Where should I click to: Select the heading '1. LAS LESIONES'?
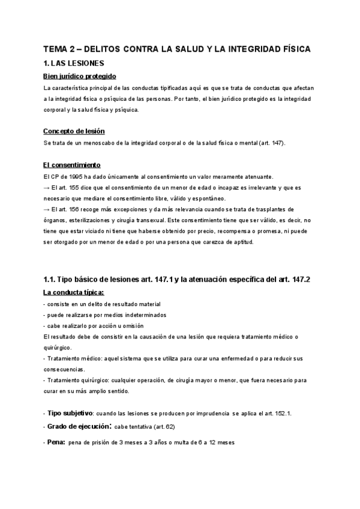[74, 62]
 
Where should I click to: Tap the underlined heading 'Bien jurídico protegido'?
[80, 76]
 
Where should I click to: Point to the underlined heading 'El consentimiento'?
[72, 165]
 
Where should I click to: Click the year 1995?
[83, 176]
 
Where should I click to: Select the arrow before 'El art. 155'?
[47, 187]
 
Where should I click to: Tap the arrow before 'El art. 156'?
[47, 209]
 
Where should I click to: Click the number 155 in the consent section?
[78, 187]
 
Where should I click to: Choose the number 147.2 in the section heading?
[300, 279]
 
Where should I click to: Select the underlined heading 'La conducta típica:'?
[74, 293]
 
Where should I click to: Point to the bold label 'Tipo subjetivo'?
[70, 414]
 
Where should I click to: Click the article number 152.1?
[281, 414]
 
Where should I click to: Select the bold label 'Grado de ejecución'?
[77, 427]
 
